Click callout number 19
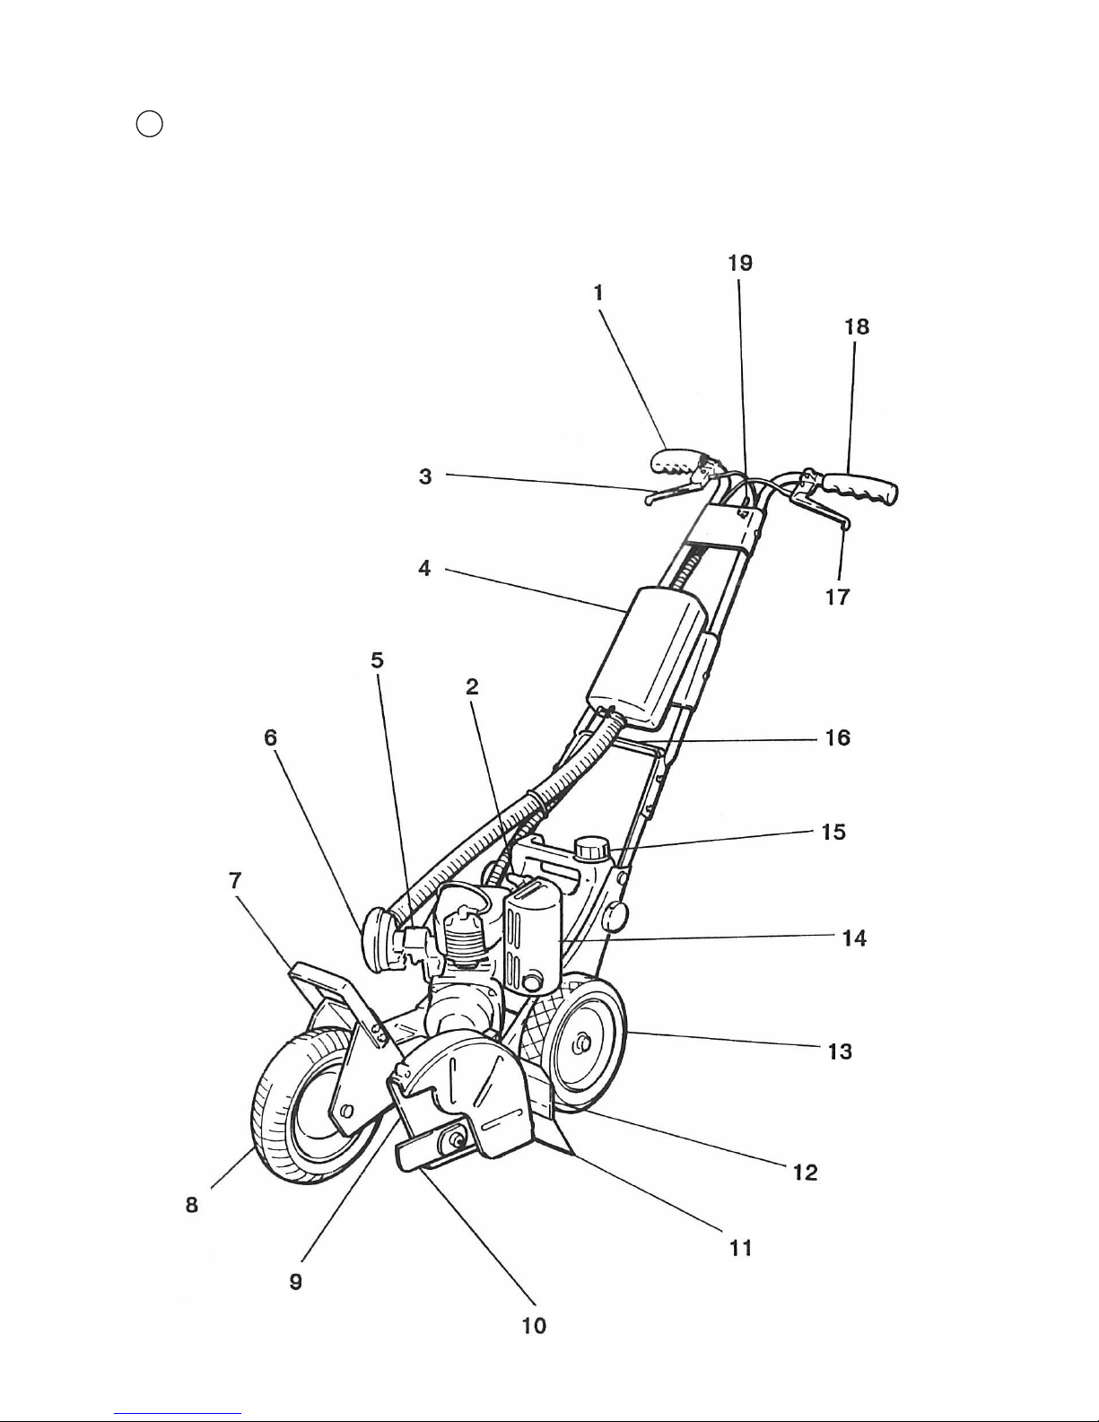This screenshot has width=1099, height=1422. tap(740, 263)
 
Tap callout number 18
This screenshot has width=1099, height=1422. tap(857, 327)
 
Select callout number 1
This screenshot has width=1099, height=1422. tap(597, 292)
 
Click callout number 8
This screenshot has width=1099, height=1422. tap(192, 1204)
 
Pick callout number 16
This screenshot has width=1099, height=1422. tap(837, 738)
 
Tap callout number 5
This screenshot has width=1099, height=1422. tap(378, 659)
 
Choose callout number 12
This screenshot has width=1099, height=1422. tap(806, 1172)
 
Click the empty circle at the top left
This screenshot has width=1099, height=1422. tap(149, 125)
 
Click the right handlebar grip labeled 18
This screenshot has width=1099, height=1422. tap(861, 489)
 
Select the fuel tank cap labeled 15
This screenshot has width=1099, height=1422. tap(593, 850)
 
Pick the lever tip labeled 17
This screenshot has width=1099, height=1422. tap(846, 524)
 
